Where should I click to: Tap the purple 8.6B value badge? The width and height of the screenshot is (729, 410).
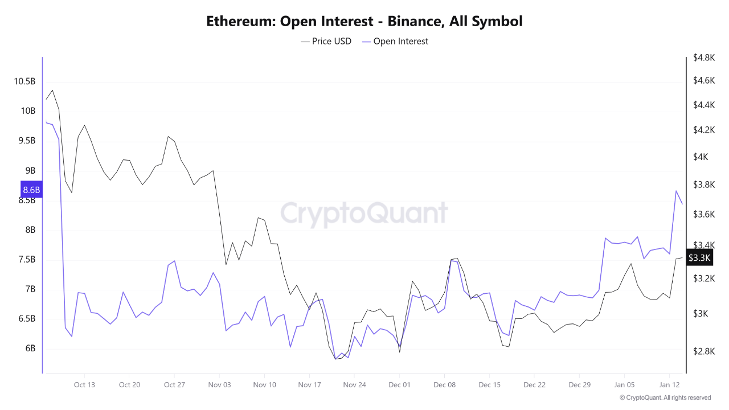click(x=31, y=190)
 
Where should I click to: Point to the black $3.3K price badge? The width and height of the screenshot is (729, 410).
click(x=699, y=258)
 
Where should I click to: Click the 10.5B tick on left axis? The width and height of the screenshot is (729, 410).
click(x=24, y=81)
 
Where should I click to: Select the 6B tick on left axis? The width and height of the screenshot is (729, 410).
click(x=29, y=348)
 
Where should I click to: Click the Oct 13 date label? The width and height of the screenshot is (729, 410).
click(x=84, y=385)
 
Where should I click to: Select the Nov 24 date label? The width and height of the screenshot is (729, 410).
click(x=354, y=385)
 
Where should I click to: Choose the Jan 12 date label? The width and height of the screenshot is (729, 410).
click(x=669, y=385)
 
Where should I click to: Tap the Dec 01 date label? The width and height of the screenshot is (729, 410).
click(x=399, y=385)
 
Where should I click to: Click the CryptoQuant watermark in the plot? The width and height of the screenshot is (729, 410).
click(x=364, y=213)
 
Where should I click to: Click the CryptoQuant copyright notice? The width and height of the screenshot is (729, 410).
click(x=665, y=397)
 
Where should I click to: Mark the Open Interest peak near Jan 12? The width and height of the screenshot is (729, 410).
click(x=676, y=191)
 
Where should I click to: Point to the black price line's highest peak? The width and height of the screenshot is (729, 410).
click(x=52, y=90)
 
